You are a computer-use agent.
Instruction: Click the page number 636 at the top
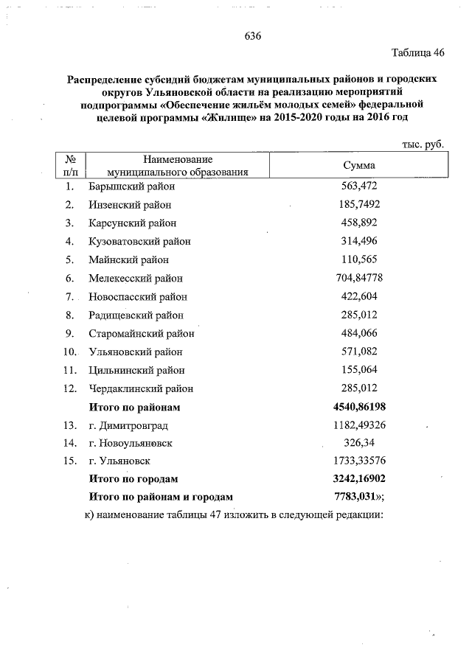[253, 36]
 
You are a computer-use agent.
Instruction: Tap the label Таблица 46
[418, 53]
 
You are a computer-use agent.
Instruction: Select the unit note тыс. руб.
[423, 145]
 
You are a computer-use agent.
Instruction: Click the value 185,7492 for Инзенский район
[360, 204]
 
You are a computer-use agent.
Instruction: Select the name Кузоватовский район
[139, 241]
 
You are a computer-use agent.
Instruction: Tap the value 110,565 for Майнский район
[360, 259]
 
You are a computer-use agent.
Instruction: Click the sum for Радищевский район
[360, 315]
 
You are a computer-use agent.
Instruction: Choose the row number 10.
[70, 352]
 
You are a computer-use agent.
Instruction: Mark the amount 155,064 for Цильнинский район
[360, 370]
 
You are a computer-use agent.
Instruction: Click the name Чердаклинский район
[141, 388]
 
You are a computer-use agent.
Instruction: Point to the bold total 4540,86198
[360, 407]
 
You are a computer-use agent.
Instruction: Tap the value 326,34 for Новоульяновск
[360, 443]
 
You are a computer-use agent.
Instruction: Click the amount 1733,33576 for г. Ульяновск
[360, 461]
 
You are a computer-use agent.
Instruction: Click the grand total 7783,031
[358, 496]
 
